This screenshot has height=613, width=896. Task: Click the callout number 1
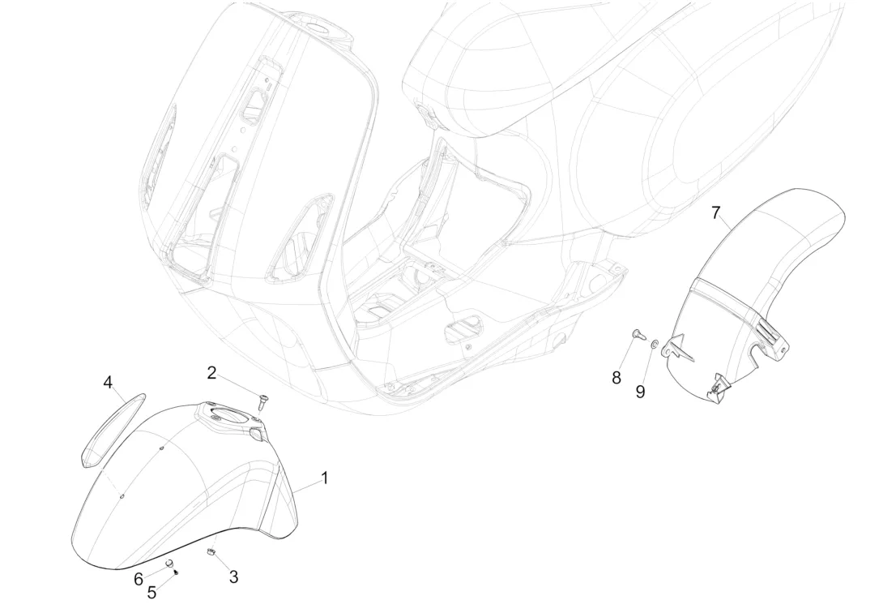pyautogui.click(x=325, y=478)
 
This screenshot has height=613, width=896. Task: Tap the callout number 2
pyautogui.click(x=211, y=373)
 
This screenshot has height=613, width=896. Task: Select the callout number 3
pyautogui.click(x=233, y=577)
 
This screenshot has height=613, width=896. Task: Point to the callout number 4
pyautogui.click(x=108, y=383)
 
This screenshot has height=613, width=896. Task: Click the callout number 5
pyautogui.click(x=151, y=592)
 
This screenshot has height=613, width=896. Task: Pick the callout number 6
pyautogui.click(x=139, y=579)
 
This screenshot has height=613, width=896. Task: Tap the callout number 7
pyautogui.click(x=715, y=213)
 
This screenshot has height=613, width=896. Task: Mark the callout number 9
pyautogui.click(x=640, y=392)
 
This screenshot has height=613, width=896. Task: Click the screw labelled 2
pyautogui.click(x=262, y=399)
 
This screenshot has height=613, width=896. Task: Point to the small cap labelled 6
pyautogui.click(x=169, y=563)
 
